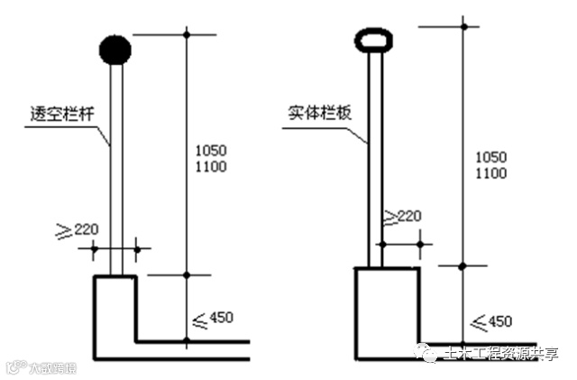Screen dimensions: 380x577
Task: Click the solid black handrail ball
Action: click(114, 50)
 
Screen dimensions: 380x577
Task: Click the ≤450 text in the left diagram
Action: click(215, 317)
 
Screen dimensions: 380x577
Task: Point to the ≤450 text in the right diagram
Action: click(492, 321)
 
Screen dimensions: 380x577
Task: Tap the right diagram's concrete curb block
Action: click(388, 311)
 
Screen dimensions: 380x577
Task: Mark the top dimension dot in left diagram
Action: click(187, 34)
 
